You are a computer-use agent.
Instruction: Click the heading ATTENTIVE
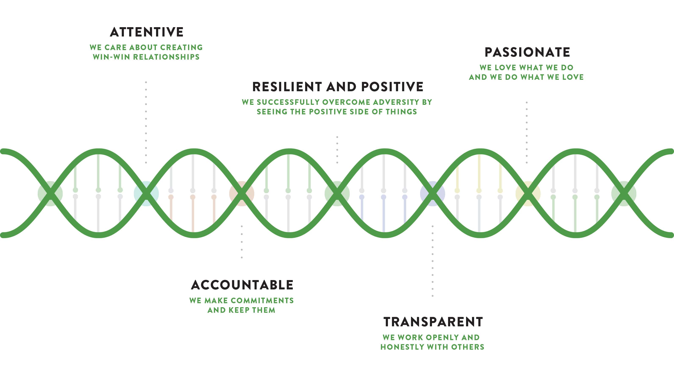(147, 32)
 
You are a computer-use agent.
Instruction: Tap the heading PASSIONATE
(527, 52)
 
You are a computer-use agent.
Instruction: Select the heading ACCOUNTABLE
(242, 285)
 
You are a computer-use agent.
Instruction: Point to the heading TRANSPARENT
(433, 322)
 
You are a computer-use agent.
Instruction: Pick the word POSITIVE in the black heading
(392, 87)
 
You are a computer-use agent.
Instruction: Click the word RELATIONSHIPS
(166, 57)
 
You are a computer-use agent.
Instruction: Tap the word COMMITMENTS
(262, 300)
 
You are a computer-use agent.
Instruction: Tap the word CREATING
(182, 48)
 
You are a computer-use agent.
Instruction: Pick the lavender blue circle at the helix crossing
(433, 194)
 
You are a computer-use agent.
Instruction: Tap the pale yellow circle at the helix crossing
(528, 194)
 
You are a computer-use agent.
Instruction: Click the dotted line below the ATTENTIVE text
(146, 122)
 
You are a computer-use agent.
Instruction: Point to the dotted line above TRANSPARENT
(433, 261)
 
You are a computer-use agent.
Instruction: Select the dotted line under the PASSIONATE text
(527, 133)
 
